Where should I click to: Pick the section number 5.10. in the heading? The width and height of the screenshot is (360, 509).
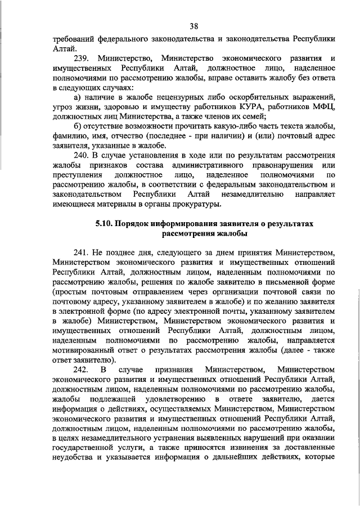tap(105, 223)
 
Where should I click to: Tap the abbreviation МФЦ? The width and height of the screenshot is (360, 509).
tap(325, 107)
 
